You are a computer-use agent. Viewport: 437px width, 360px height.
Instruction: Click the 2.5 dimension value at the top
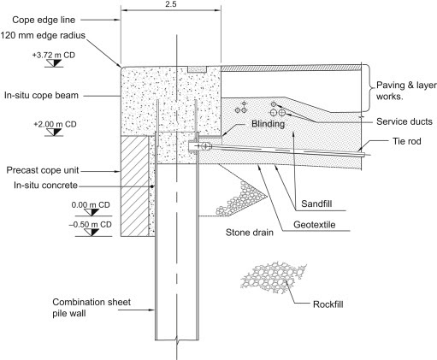[170, 4]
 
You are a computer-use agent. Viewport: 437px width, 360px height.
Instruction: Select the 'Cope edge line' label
[44, 20]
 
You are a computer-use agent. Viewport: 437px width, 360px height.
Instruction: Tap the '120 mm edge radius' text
[43, 36]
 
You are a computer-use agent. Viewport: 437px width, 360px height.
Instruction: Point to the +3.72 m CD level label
[54, 55]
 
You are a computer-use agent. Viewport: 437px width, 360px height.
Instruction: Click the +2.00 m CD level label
[55, 124]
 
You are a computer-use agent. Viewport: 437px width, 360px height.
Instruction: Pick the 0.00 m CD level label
[91, 205]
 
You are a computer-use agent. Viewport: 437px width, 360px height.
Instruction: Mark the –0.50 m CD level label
[90, 225]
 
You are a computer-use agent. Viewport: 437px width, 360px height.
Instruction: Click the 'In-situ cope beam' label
[41, 95]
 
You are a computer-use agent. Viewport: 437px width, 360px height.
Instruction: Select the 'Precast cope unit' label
[43, 170]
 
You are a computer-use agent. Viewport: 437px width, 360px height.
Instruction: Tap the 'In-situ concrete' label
[45, 186]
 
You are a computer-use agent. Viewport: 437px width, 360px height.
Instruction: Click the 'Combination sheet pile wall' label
[92, 308]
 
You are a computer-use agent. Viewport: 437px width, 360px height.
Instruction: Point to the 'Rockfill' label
[328, 304]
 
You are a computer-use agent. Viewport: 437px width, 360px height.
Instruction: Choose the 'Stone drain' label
[250, 233]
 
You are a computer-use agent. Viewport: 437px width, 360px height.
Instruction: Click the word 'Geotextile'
[314, 225]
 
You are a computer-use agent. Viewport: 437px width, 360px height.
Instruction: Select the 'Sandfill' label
[316, 204]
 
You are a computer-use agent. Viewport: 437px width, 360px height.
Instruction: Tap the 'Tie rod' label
[407, 141]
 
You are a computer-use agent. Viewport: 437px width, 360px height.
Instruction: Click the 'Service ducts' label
[405, 121]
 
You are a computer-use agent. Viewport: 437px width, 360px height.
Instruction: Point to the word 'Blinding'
[268, 124]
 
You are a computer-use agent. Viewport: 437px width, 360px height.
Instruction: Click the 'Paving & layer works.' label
[406, 91]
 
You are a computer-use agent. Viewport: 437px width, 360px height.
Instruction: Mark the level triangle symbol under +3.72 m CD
[54, 63]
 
